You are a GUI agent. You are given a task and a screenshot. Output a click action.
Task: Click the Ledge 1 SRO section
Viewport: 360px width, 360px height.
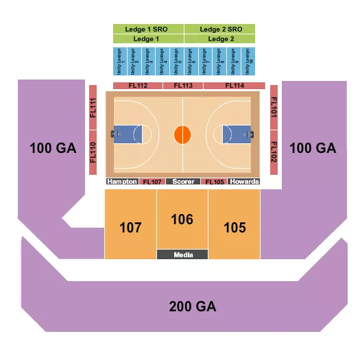[148, 29]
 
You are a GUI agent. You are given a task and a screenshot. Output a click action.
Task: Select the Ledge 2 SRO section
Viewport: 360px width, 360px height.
[219, 29]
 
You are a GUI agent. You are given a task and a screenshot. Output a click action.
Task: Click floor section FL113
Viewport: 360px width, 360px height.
[183, 86]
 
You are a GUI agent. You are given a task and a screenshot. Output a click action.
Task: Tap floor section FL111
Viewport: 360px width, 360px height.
[93, 109]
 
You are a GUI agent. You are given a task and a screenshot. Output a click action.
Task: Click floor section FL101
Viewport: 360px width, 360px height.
[274, 109]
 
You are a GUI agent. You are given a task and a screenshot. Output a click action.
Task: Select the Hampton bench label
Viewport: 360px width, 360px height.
[122, 182]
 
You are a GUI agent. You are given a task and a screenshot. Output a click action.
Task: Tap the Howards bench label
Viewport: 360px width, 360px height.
[245, 182]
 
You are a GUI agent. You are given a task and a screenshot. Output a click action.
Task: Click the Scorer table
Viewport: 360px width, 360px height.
[183, 182]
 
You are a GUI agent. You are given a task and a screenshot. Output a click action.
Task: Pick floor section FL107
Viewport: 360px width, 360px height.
[152, 182]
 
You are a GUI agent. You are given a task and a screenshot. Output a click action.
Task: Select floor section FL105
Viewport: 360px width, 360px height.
[214, 182]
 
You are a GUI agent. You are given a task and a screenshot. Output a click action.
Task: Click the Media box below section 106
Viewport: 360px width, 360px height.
[182, 254]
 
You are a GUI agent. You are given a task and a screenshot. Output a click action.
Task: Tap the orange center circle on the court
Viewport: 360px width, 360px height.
[182, 134]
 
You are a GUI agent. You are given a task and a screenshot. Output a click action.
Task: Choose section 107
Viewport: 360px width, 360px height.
[130, 228]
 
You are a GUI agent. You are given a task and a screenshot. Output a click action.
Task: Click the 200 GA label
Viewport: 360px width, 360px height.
[193, 307]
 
